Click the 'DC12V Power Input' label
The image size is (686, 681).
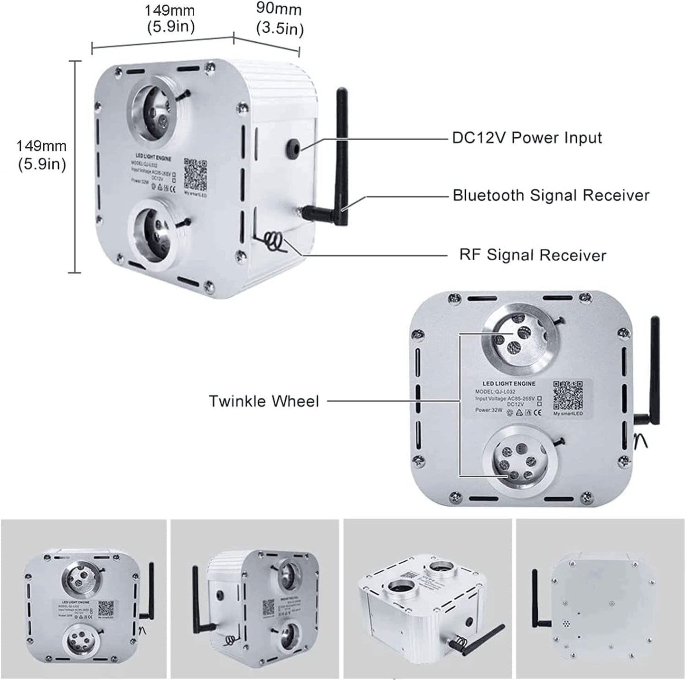point(526,138)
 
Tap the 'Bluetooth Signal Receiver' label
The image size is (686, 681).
point(551,195)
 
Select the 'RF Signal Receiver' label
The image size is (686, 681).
point(532,255)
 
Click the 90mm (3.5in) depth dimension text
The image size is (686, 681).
point(279,19)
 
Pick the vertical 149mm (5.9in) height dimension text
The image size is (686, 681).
point(42,155)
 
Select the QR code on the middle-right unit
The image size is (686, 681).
point(568,395)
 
